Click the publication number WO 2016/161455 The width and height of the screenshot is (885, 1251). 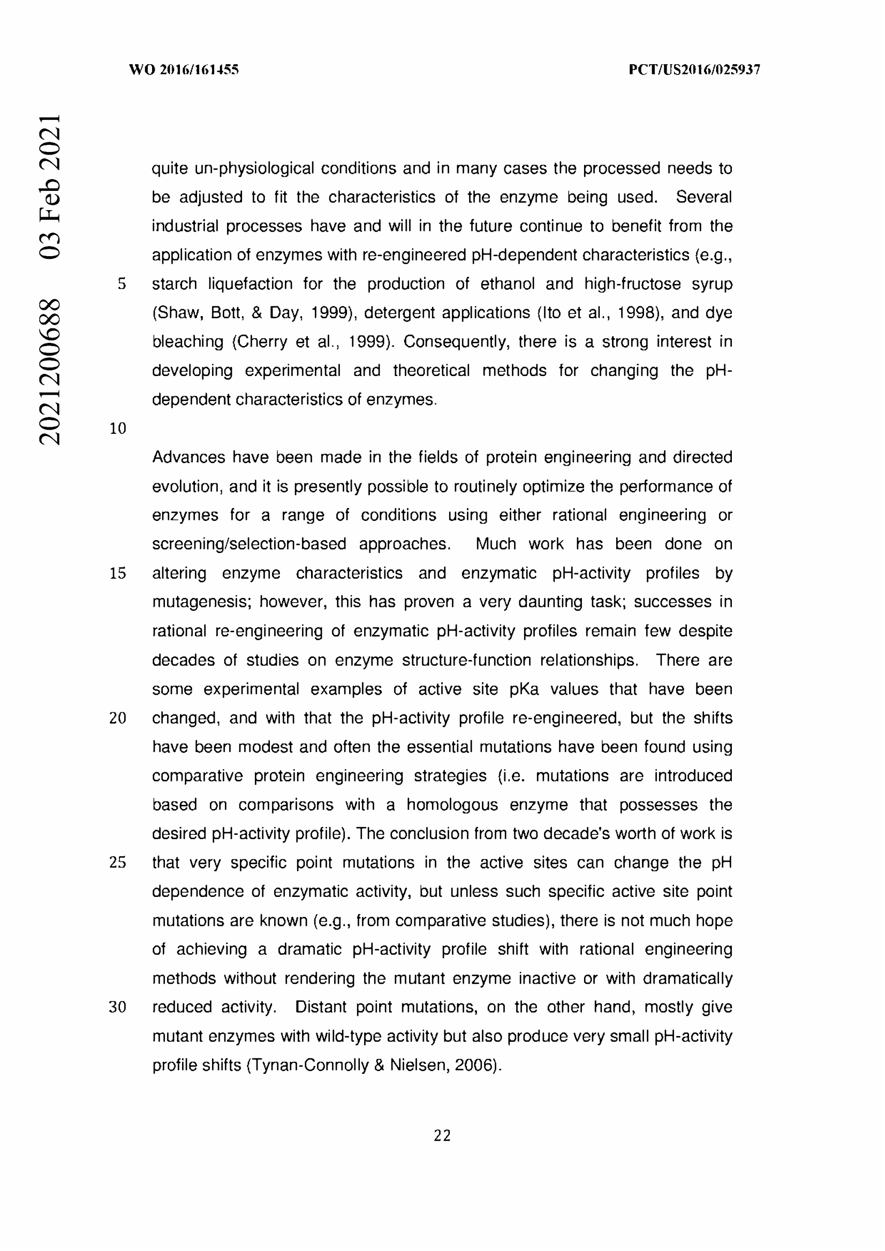[x=183, y=70]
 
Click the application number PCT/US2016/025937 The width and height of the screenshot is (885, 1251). [x=694, y=70]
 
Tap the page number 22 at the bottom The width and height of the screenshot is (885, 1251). [x=442, y=1135]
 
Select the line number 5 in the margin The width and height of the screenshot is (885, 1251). [x=122, y=284]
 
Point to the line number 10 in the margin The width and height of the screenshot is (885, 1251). [x=118, y=429]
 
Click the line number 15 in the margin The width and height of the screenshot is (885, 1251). [x=118, y=573]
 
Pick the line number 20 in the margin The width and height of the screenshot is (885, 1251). [x=118, y=718]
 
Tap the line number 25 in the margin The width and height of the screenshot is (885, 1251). [x=118, y=863]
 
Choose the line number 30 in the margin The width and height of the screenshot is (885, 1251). [x=118, y=1007]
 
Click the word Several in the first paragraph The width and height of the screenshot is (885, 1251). [x=704, y=197]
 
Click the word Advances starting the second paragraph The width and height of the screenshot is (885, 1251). [x=188, y=457]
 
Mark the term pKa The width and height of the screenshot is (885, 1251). [x=524, y=689]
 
